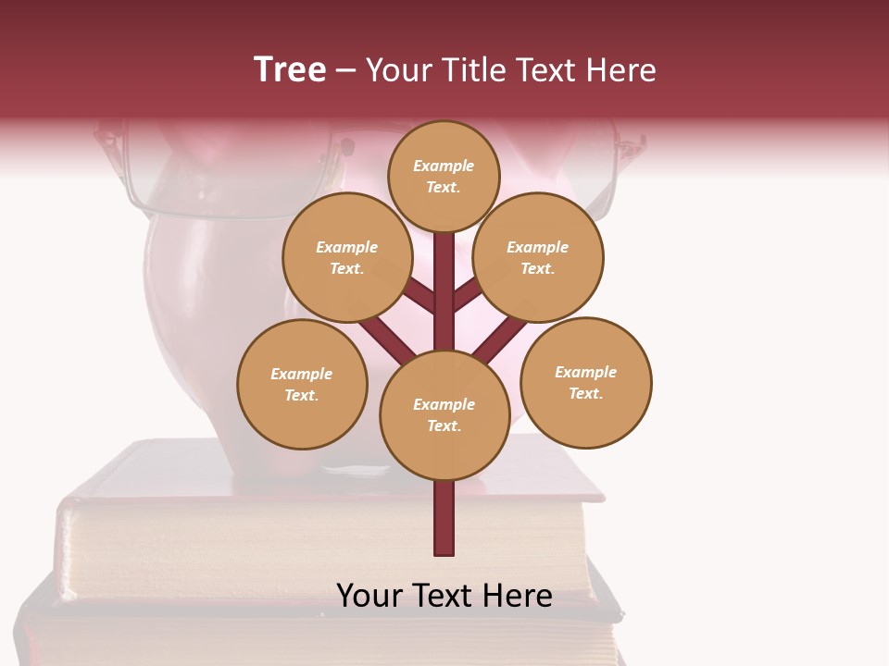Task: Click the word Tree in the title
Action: point(290,69)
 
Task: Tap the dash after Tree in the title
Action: point(345,71)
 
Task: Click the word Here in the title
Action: point(620,69)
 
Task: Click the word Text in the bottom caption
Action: point(444,596)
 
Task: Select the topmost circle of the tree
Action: point(444,176)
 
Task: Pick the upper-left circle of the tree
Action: point(346,257)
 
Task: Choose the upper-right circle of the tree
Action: point(538,257)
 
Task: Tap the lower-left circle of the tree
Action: point(302,384)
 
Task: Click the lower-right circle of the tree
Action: point(586,382)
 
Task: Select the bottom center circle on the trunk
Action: point(444,415)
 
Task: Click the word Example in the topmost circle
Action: point(444,166)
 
